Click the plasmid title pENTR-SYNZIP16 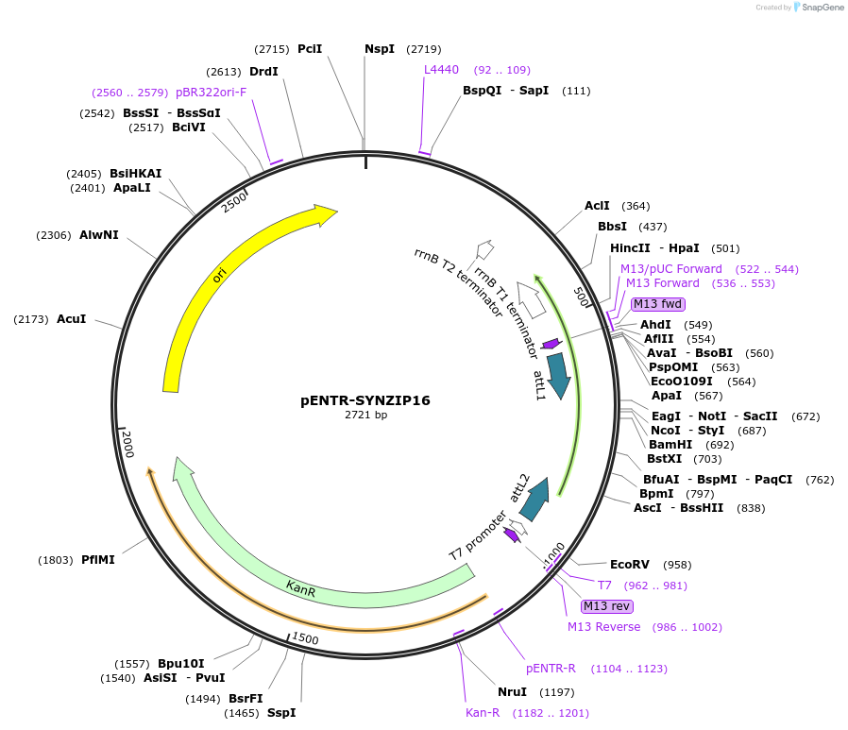point(365,400)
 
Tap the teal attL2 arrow point(535,499)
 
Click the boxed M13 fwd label point(657,304)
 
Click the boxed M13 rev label point(607,606)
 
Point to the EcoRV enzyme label point(630,565)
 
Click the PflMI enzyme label point(98,560)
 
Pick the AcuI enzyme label point(72,319)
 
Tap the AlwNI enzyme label point(99,235)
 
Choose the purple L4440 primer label point(441,70)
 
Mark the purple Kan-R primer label point(483,712)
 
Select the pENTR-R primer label point(551,669)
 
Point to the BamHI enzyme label point(670,444)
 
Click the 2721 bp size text point(365,416)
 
